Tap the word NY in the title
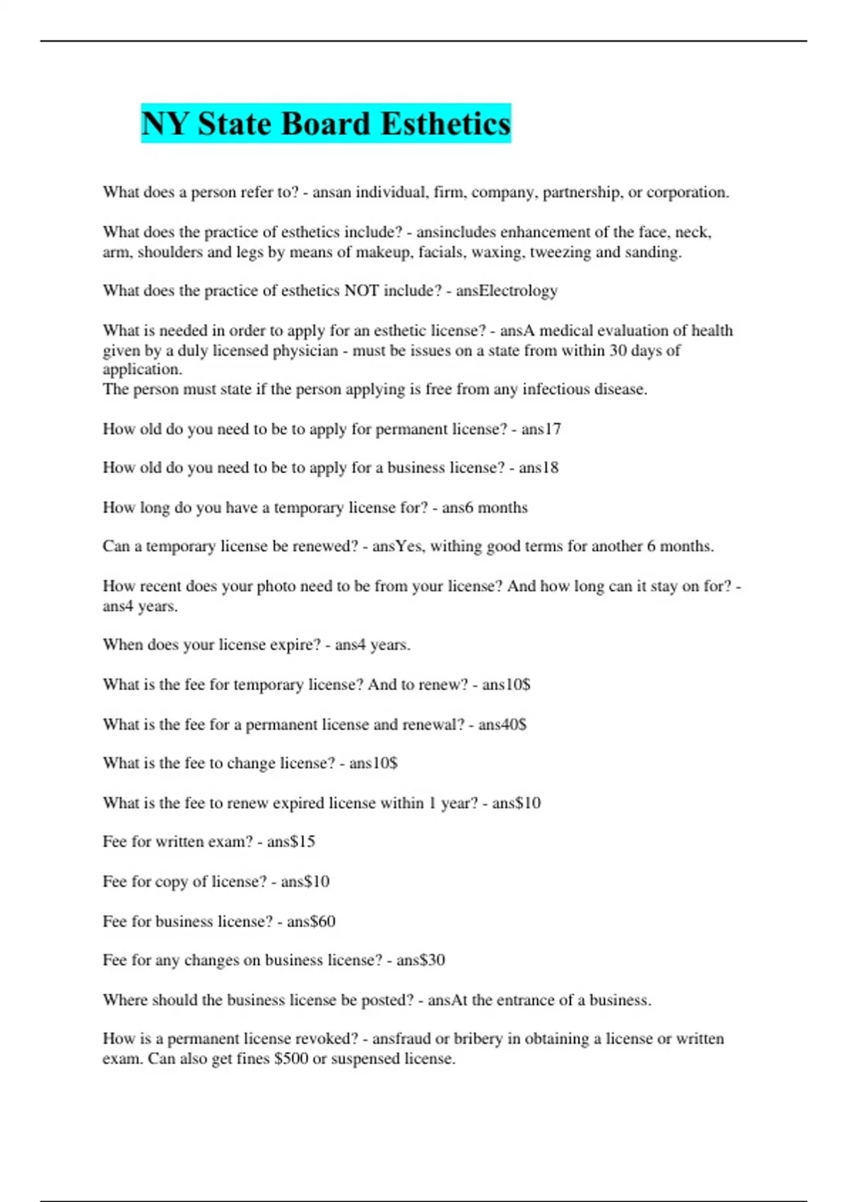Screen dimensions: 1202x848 point(165,124)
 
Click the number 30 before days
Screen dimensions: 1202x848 point(618,351)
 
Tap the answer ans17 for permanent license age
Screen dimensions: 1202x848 point(541,429)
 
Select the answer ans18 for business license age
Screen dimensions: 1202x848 point(538,467)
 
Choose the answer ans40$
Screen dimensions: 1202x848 point(502,725)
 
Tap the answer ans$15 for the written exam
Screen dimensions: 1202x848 point(291,841)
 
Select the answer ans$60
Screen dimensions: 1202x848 point(311,921)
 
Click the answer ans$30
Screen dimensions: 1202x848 point(420,960)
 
